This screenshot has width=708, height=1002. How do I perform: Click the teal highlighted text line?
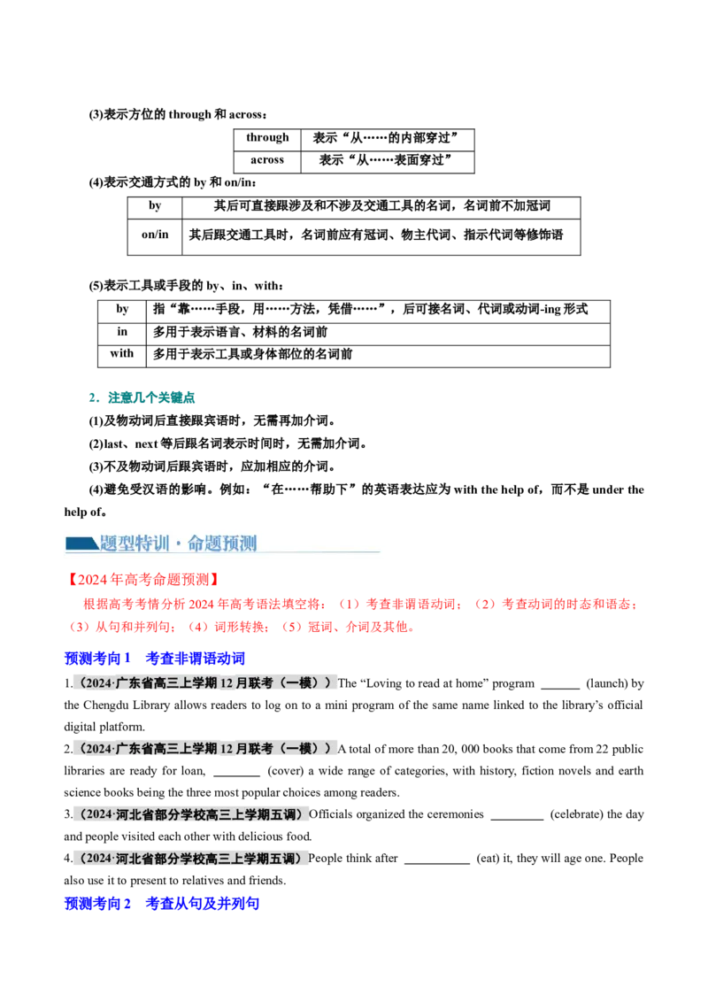click(142, 398)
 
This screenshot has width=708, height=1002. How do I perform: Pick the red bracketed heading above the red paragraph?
click(142, 580)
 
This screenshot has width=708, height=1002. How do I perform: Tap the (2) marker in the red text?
click(484, 605)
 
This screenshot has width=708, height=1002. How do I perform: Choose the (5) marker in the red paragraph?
click(291, 628)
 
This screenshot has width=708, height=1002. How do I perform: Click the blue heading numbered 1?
click(155, 659)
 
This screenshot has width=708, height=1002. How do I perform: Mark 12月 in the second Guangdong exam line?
click(237, 749)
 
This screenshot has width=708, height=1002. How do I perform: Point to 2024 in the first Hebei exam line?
click(98, 813)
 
